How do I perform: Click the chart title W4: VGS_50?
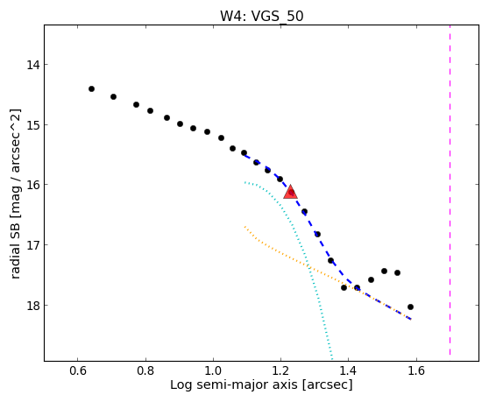262,17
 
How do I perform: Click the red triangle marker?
291,192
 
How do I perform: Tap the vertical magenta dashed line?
450,190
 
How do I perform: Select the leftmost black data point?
91,88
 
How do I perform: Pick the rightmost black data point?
410,307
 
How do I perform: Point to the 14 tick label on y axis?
32,65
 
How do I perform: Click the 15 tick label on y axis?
32,125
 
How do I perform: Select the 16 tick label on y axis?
32,185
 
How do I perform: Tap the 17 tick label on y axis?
32,245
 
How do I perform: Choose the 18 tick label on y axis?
32,306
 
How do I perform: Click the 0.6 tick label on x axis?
78,370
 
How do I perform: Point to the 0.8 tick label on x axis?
145,370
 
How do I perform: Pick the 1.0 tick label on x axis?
213,370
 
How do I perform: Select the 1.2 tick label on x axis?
281,370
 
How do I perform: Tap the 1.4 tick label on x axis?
349,370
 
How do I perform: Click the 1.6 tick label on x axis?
416,370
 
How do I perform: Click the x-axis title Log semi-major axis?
234,384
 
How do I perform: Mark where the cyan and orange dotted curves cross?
308,266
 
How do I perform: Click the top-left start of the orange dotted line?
245,227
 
